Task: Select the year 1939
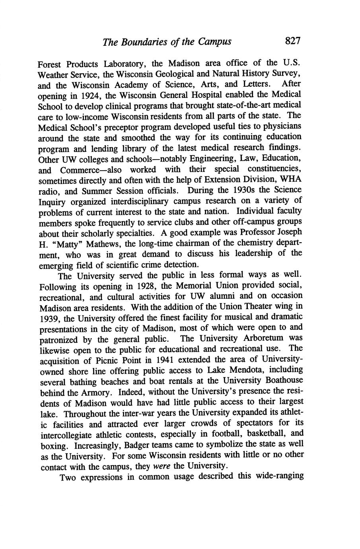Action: pos(50,318)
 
